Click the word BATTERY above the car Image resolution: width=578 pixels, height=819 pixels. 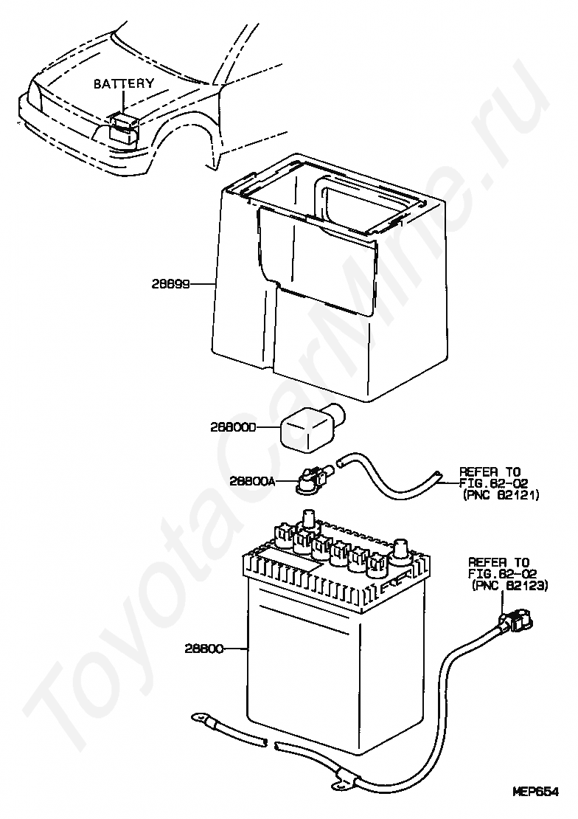click(x=123, y=84)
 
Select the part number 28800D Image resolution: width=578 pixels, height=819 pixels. click(x=232, y=426)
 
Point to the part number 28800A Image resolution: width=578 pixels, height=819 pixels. click(x=251, y=481)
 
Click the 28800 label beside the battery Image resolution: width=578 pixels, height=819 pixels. click(x=203, y=649)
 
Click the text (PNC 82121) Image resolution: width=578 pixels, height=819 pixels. click(x=501, y=496)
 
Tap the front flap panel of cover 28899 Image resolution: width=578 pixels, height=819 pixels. click(x=317, y=258)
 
